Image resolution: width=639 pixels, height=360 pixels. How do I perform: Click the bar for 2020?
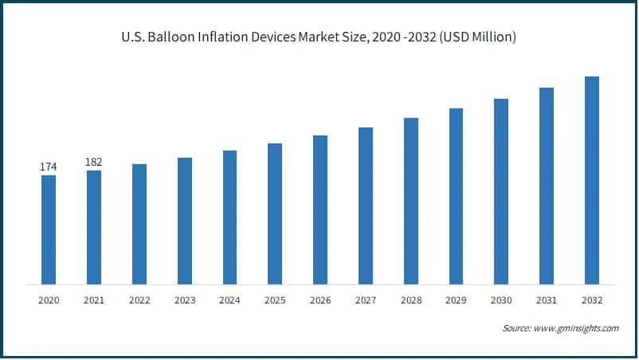tap(49, 229)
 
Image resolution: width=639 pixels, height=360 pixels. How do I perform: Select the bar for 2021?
tap(94, 227)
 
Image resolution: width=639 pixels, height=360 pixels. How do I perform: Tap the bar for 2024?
tap(229, 217)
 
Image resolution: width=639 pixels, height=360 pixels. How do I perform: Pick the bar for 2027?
tap(366, 205)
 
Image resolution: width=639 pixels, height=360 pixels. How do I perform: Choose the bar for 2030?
tap(501, 191)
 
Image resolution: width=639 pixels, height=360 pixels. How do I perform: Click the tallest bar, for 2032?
tap(592, 180)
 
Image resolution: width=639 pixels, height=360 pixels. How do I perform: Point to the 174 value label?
tap(49, 167)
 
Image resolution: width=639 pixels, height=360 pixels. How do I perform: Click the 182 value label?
tap(94, 162)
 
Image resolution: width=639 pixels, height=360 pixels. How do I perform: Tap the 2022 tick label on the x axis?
tap(139, 300)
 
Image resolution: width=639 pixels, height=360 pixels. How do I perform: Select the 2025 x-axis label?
tap(275, 300)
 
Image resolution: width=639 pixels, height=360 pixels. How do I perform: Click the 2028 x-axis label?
tap(411, 300)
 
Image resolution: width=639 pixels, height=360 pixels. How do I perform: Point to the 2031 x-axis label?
tap(547, 300)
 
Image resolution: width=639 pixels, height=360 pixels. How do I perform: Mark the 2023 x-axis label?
tap(184, 300)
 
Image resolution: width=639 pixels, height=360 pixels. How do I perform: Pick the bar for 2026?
tap(320, 209)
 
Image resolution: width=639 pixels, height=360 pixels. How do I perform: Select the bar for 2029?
tap(456, 196)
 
